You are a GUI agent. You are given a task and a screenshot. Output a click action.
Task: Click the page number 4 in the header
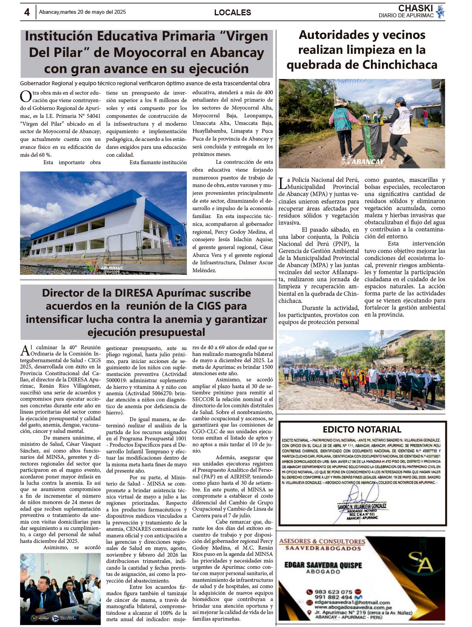pos(27,12)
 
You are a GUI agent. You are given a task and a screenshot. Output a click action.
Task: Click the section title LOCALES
pos(232,13)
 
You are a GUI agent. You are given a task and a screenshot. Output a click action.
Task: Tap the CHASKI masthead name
pos(415,8)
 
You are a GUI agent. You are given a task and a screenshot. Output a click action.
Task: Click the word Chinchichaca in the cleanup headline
pos(399,64)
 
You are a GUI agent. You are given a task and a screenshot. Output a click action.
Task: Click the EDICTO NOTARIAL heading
pos(362,429)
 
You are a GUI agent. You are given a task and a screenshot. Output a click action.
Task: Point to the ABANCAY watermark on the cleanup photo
pos(367,161)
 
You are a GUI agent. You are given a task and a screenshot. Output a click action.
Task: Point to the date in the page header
pos(83,12)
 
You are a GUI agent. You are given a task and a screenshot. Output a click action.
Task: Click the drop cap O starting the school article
pos(26,97)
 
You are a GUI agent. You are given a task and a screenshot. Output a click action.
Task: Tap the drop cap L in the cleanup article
pos(282,183)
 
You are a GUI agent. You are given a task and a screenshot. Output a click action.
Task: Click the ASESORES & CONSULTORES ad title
pos(322,541)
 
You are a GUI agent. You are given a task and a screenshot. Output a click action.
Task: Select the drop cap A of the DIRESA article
pos(25,350)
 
